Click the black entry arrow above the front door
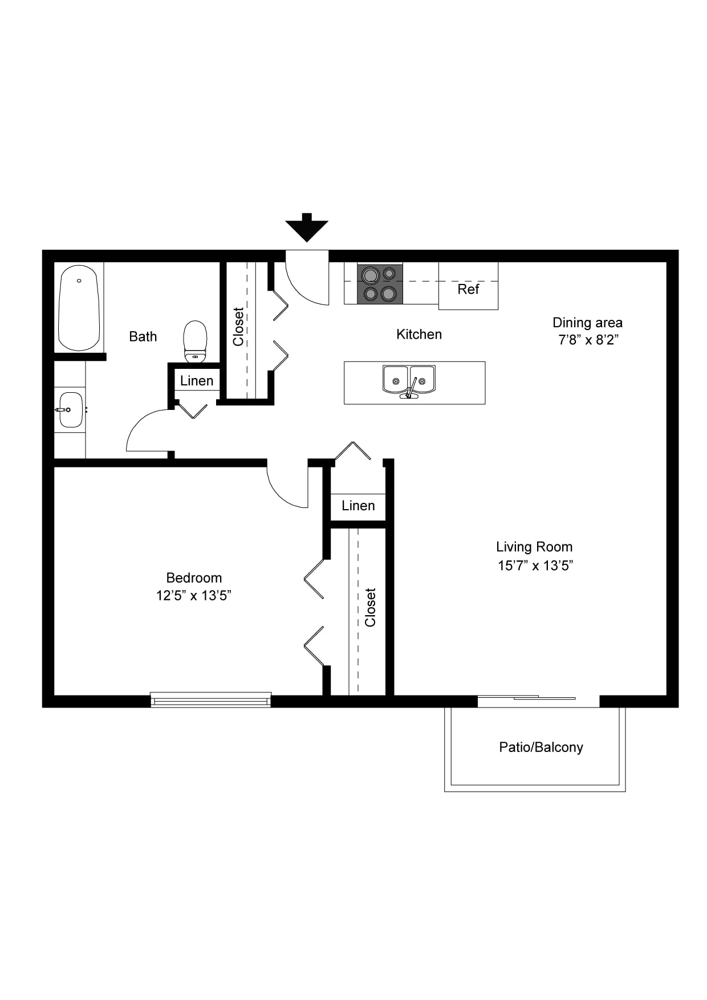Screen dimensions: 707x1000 tap(307, 227)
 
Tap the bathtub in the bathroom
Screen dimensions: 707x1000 tap(79, 308)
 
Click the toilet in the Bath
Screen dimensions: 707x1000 tap(195, 342)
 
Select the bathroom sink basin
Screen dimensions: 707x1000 tap(71, 409)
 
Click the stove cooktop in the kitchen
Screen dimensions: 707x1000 tap(380, 284)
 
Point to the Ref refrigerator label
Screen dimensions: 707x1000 tap(468, 289)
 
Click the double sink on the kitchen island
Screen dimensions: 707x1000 tap(409, 381)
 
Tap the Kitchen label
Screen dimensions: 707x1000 tap(419, 334)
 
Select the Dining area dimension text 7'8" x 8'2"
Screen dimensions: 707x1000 tap(588, 340)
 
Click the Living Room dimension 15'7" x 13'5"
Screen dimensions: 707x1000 tap(535, 566)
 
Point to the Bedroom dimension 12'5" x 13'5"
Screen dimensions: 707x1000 tap(194, 596)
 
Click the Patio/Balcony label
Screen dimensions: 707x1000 tap(541, 747)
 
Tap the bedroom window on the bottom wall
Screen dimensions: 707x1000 tap(211, 700)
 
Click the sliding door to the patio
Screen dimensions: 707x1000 tap(538, 701)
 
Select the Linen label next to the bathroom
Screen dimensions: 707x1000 tap(197, 381)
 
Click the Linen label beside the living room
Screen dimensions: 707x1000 tap(358, 506)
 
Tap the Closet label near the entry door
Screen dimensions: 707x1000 tap(238, 327)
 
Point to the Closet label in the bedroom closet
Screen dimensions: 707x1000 tap(371, 608)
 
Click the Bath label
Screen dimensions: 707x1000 tap(143, 336)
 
